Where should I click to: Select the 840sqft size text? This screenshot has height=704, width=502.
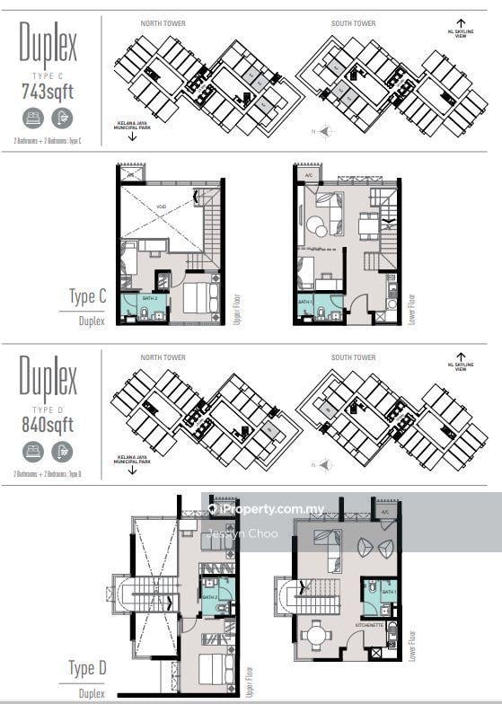[48, 424]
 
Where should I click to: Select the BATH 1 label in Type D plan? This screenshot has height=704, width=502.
[388, 593]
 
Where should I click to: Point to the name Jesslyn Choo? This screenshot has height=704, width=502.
[242, 533]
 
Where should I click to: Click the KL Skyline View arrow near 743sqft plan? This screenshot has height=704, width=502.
[461, 24]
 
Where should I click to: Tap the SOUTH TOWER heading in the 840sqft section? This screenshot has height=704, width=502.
[353, 357]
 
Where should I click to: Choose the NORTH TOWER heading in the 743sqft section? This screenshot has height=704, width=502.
[163, 23]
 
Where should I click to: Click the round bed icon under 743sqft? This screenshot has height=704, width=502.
[34, 117]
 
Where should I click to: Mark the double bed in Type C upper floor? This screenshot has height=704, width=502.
[201, 297]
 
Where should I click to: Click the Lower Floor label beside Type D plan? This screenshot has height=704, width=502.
[412, 641]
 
